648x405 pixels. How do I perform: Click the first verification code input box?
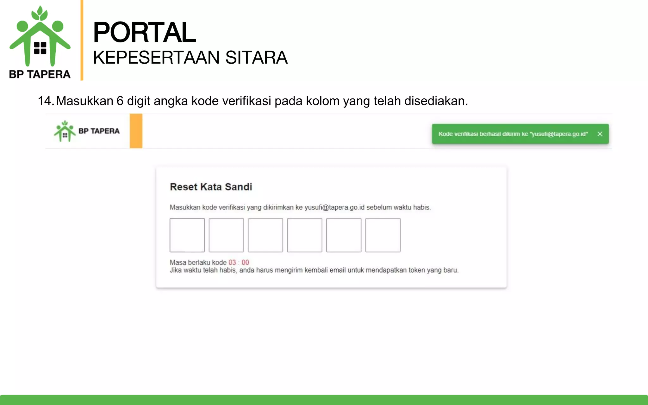coord(187,235)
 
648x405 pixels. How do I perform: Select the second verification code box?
coord(226,235)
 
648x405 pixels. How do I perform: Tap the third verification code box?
coord(265,235)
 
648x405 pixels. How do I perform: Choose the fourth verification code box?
coord(305,235)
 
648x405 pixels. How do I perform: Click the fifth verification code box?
coord(344,235)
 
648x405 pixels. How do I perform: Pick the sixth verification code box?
coord(383,235)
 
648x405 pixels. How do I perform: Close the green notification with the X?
coord(600,134)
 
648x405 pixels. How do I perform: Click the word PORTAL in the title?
coord(145,32)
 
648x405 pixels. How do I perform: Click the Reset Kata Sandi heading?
coord(211,187)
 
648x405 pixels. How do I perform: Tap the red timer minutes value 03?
coord(232,262)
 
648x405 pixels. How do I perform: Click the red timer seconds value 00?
coord(245,262)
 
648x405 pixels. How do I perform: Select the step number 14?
coord(45,101)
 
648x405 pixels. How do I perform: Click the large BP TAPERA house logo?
coord(40,38)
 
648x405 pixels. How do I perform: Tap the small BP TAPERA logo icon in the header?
coord(65,131)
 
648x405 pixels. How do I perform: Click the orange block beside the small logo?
coord(136,131)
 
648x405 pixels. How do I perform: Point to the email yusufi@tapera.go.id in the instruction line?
coord(334,208)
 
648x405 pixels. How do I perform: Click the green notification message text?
coord(513,134)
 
